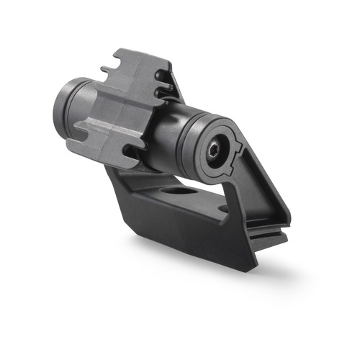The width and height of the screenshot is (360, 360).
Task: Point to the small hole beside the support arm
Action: pos(224,208)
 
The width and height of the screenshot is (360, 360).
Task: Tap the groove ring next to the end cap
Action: pos(186,140)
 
